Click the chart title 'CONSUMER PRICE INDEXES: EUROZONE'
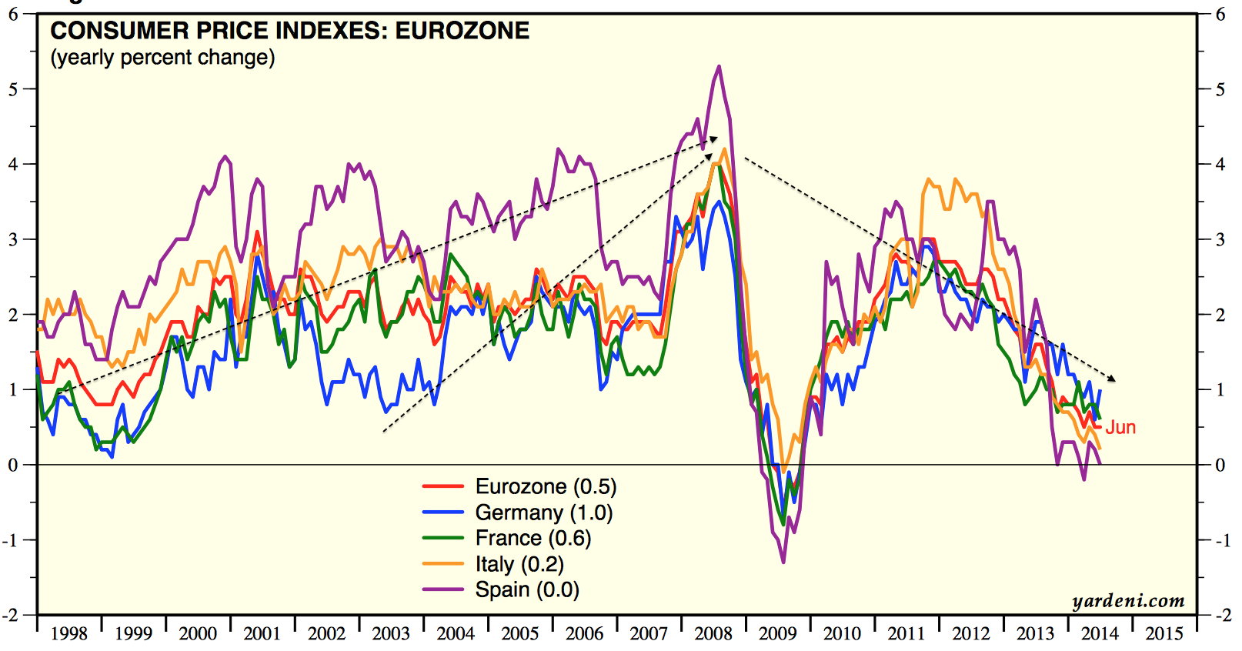point(290,31)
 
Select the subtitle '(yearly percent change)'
point(162,58)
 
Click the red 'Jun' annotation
point(1120,428)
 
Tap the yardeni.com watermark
point(1128,601)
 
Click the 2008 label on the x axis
point(713,633)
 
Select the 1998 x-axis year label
point(69,633)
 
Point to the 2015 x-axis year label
point(1164,633)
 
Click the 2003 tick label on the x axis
point(391,633)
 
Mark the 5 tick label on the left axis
point(13,89)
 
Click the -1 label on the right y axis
point(1222,540)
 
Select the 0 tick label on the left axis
point(13,465)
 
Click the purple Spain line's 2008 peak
point(719,67)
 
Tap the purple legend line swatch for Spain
point(443,589)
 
